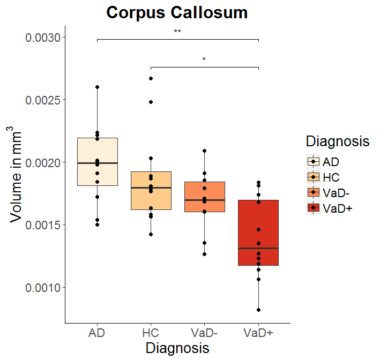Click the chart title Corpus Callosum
click(x=177, y=13)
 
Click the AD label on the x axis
click(x=97, y=333)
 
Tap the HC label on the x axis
click(x=151, y=333)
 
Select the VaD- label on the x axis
click(x=204, y=333)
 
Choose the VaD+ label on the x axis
click(x=258, y=333)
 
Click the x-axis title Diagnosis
click(x=177, y=348)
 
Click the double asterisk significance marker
click(x=177, y=32)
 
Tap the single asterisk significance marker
click(x=204, y=59)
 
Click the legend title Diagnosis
click(x=337, y=141)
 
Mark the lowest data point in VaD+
click(x=258, y=310)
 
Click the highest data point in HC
click(x=151, y=79)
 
